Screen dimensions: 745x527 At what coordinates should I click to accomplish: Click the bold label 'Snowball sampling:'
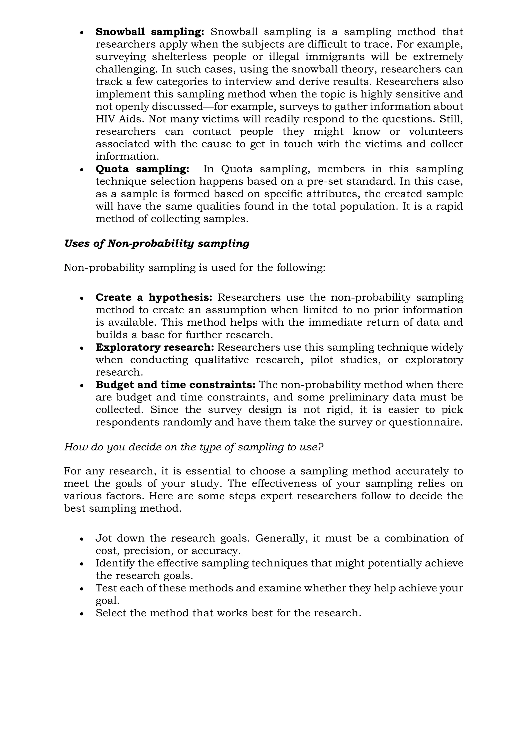coord(150,32)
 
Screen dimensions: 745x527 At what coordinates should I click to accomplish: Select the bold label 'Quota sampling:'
coord(142,169)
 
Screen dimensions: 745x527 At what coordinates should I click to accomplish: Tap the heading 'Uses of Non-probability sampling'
coord(157,244)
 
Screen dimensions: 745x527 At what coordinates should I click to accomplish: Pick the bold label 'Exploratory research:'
coord(155,348)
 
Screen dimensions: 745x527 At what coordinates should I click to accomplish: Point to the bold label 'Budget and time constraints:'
coord(175,385)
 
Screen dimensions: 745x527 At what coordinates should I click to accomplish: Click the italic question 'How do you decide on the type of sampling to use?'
coord(194,447)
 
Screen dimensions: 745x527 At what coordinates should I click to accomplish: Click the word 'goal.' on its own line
coord(107,601)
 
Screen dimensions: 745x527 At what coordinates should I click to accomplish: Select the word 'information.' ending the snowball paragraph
coord(127,157)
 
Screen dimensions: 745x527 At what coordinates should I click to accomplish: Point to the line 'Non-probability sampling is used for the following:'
coord(194,268)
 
